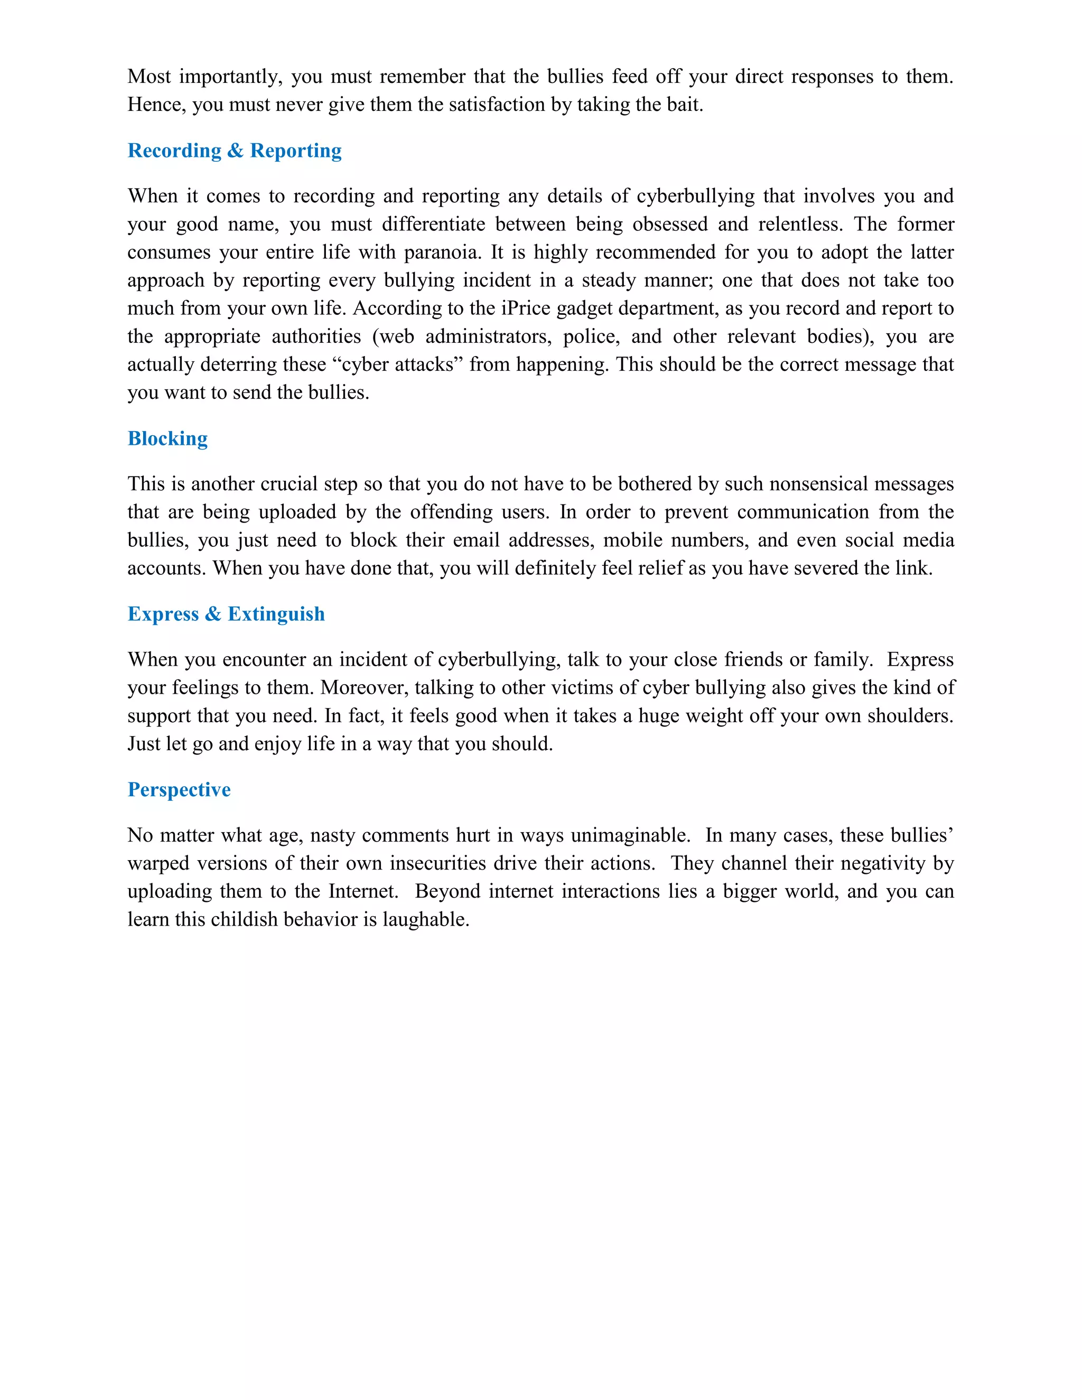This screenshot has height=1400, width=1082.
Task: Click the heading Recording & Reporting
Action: click(235, 151)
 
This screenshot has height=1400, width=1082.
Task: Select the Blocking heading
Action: click(168, 438)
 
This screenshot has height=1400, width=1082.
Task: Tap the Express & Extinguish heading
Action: click(226, 614)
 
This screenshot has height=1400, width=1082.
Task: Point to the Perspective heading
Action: click(179, 790)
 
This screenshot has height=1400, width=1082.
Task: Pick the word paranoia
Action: click(442, 253)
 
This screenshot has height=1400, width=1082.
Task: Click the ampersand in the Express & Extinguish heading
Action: click(213, 614)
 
